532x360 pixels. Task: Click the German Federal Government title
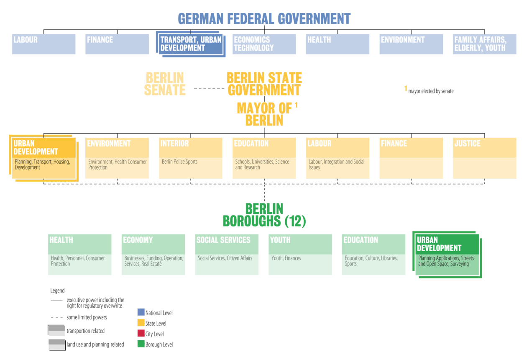[x=264, y=19]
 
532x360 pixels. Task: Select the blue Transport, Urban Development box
[x=191, y=44]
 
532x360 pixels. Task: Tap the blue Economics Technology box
[x=264, y=44]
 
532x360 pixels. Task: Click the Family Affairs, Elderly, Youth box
[x=484, y=44]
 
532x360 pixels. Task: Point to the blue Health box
[x=338, y=44]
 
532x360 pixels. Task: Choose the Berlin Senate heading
[x=165, y=84]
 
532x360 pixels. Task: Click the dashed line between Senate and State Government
[x=209, y=89]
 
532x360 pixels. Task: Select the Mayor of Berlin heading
[x=264, y=114]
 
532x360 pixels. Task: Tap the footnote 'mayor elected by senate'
[x=430, y=91]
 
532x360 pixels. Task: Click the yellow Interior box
[x=191, y=158]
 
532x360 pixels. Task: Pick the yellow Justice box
[x=484, y=158]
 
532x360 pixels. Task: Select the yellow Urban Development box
[x=43, y=158]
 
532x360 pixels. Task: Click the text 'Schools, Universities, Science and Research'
[x=262, y=165]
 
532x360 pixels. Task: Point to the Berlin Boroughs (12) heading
[x=264, y=215]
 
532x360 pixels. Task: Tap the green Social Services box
[x=227, y=255]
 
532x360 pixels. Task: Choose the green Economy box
[x=153, y=255]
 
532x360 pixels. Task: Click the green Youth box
[x=300, y=255]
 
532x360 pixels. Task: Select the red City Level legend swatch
[x=141, y=334]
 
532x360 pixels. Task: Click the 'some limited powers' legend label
[x=87, y=317]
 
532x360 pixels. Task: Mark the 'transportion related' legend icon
[x=56, y=330]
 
